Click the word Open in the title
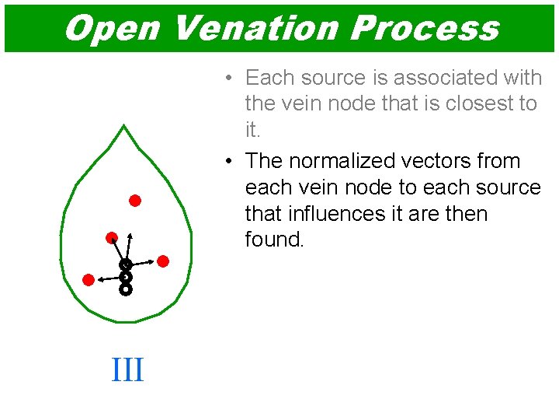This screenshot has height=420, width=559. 111,28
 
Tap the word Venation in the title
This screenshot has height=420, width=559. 253,28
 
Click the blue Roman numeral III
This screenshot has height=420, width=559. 127,369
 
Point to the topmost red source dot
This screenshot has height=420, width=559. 134,201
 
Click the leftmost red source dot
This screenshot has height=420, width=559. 89,279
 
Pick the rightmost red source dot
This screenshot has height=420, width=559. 163,261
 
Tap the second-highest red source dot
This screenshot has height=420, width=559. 112,237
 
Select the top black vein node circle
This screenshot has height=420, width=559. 125,265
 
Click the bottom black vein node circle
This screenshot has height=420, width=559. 125,289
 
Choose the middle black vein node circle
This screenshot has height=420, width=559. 125,277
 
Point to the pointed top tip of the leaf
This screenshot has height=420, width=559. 124,125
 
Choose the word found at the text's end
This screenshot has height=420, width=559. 274,240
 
